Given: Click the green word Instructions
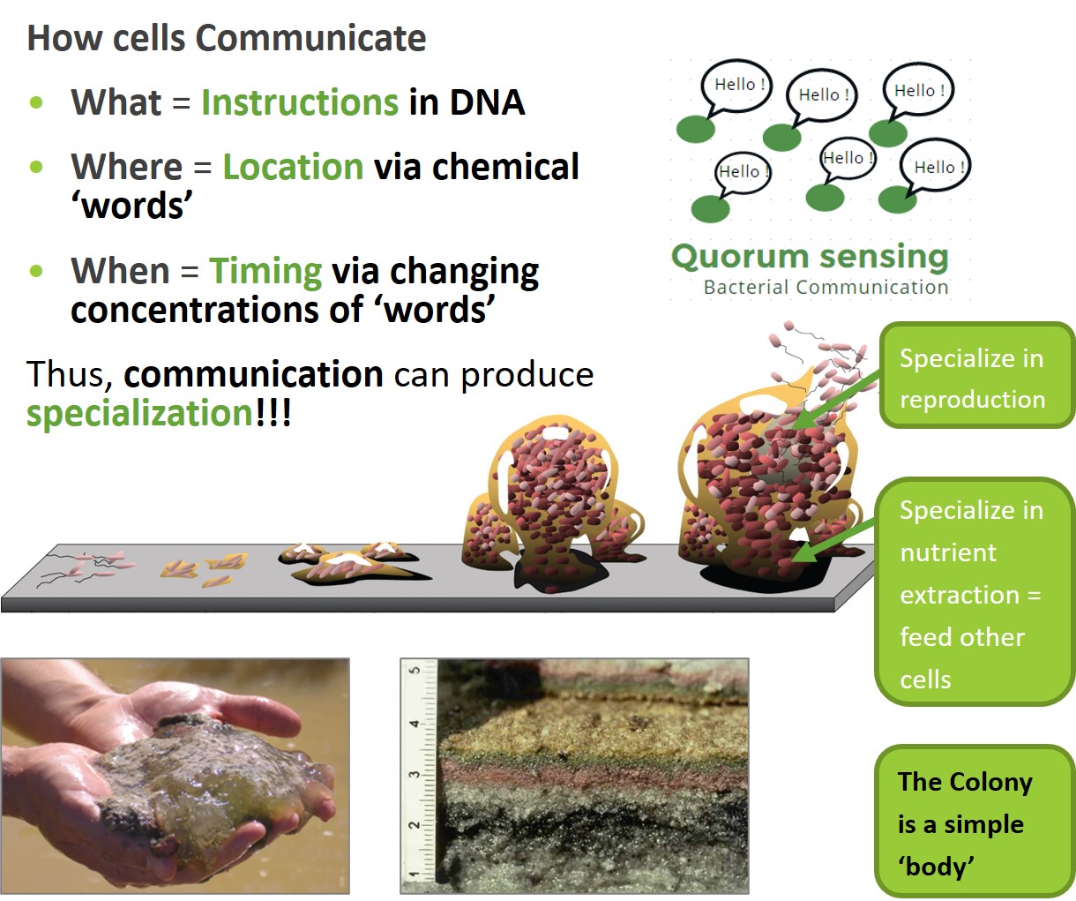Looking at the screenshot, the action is point(299,102).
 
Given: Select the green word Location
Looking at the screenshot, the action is point(293,167).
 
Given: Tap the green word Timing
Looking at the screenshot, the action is point(265,271).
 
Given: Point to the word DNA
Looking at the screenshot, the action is point(487,102).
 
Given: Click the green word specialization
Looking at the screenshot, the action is point(139,414).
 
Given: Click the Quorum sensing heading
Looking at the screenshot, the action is point(810,257).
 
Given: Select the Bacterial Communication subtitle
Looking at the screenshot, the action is point(826,288).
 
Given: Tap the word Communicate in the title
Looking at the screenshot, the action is point(310,38).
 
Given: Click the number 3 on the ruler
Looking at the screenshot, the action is point(414,775).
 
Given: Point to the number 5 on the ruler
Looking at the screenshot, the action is point(414,671).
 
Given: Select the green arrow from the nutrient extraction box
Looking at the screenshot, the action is point(833,540).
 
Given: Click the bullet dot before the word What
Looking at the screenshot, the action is point(36,102).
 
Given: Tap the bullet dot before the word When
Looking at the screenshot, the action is point(36,271).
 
